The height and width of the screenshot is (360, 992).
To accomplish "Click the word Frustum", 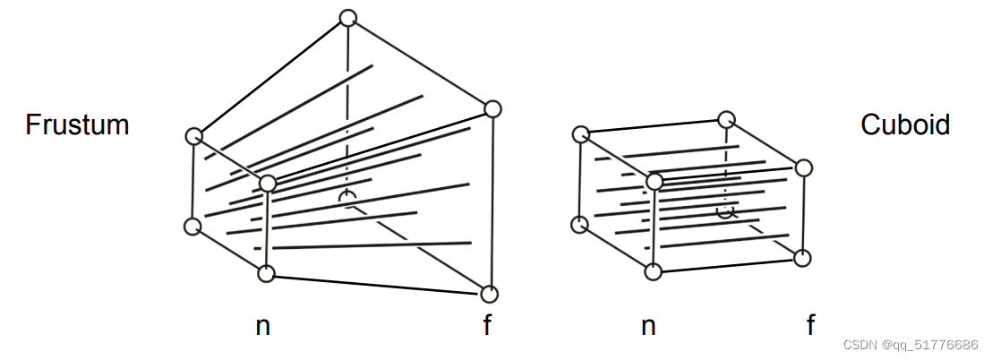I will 77,124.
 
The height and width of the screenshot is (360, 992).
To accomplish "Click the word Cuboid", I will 904,124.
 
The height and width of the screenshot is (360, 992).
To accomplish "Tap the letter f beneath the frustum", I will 487,324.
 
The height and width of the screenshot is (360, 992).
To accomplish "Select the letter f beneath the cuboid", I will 810,324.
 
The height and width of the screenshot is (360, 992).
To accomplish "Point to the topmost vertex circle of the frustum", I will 348,17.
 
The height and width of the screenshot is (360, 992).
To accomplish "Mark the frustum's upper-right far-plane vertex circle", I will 492,109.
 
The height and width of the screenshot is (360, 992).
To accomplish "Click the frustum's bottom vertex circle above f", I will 489,294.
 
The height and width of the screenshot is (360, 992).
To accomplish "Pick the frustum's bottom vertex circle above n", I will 266,273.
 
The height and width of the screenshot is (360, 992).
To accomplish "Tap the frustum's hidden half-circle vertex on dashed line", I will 347,198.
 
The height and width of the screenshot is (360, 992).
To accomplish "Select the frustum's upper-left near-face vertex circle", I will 193,136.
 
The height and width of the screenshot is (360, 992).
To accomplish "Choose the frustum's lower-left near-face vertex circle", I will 192,226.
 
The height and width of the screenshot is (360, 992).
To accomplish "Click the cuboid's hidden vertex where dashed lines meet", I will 727,211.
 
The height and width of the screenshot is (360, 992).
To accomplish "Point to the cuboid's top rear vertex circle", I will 727,119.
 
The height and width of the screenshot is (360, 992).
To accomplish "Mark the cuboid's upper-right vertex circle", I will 803,167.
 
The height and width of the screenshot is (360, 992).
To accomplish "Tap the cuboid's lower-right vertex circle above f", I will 802,258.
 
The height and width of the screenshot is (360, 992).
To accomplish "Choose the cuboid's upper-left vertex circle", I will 580,134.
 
